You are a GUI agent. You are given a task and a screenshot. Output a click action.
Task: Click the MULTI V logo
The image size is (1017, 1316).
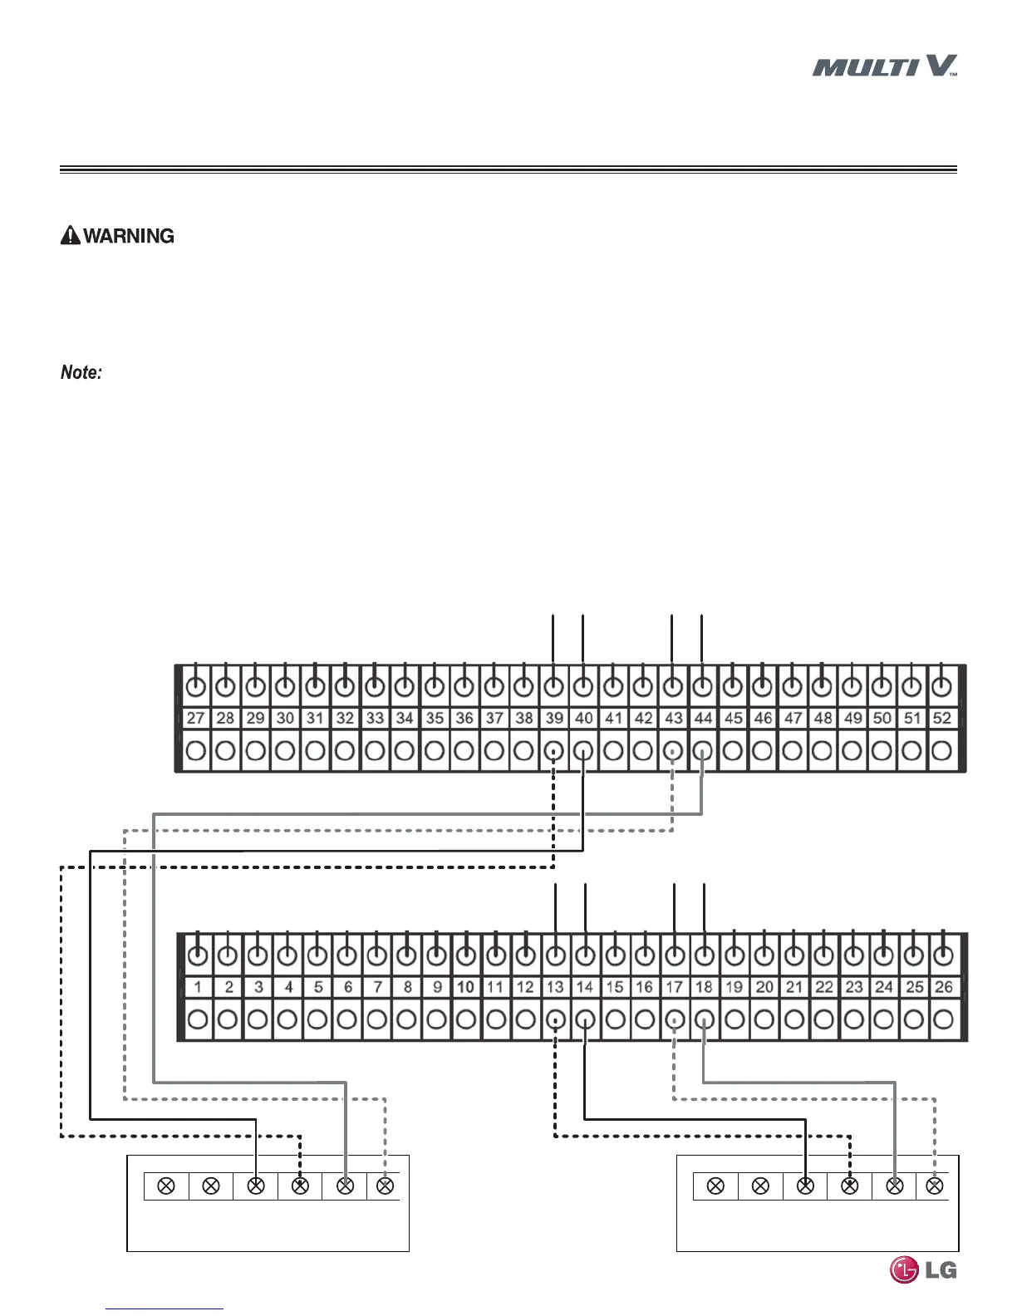pos(885,66)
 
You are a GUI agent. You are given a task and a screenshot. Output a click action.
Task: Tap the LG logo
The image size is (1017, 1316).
pos(923,1269)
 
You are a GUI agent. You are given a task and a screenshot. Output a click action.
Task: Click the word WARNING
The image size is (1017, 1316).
pos(129,236)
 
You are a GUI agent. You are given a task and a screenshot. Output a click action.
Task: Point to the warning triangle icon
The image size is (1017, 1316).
pos(71,236)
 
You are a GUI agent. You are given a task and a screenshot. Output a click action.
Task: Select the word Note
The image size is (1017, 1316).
pos(81,372)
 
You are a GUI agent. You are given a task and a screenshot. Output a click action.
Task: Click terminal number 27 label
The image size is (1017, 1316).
pos(196,718)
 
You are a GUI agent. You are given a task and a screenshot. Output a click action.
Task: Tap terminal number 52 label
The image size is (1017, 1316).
pos(941,718)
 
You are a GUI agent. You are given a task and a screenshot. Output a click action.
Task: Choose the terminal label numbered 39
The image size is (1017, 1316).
pos(554,718)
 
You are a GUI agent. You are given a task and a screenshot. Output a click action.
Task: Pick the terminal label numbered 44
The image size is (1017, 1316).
pos(703,718)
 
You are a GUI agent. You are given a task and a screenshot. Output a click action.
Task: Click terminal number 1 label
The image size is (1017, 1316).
pos(198,987)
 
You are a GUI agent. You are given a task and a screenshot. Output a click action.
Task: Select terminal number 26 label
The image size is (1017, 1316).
pos(943,987)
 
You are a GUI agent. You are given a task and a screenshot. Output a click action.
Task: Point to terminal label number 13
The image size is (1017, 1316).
pos(555,987)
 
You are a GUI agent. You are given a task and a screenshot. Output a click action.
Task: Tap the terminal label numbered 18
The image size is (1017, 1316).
pos(705,987)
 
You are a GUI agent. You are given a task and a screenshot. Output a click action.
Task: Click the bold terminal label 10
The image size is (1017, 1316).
pos(466,987)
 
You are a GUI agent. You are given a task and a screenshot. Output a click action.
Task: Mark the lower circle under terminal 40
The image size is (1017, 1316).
pos(584,751)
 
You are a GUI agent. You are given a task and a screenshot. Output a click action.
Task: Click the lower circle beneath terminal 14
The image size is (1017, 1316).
pos(586,1019)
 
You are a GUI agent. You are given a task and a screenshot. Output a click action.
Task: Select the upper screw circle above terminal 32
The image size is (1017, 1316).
pos(345,688)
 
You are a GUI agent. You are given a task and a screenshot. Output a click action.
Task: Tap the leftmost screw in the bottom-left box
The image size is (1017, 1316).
pos(166,1186)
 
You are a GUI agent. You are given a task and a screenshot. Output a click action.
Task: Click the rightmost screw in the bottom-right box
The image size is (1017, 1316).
pos(936,1186)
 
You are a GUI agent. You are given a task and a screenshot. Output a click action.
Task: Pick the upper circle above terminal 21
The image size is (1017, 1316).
pos(794,956)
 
